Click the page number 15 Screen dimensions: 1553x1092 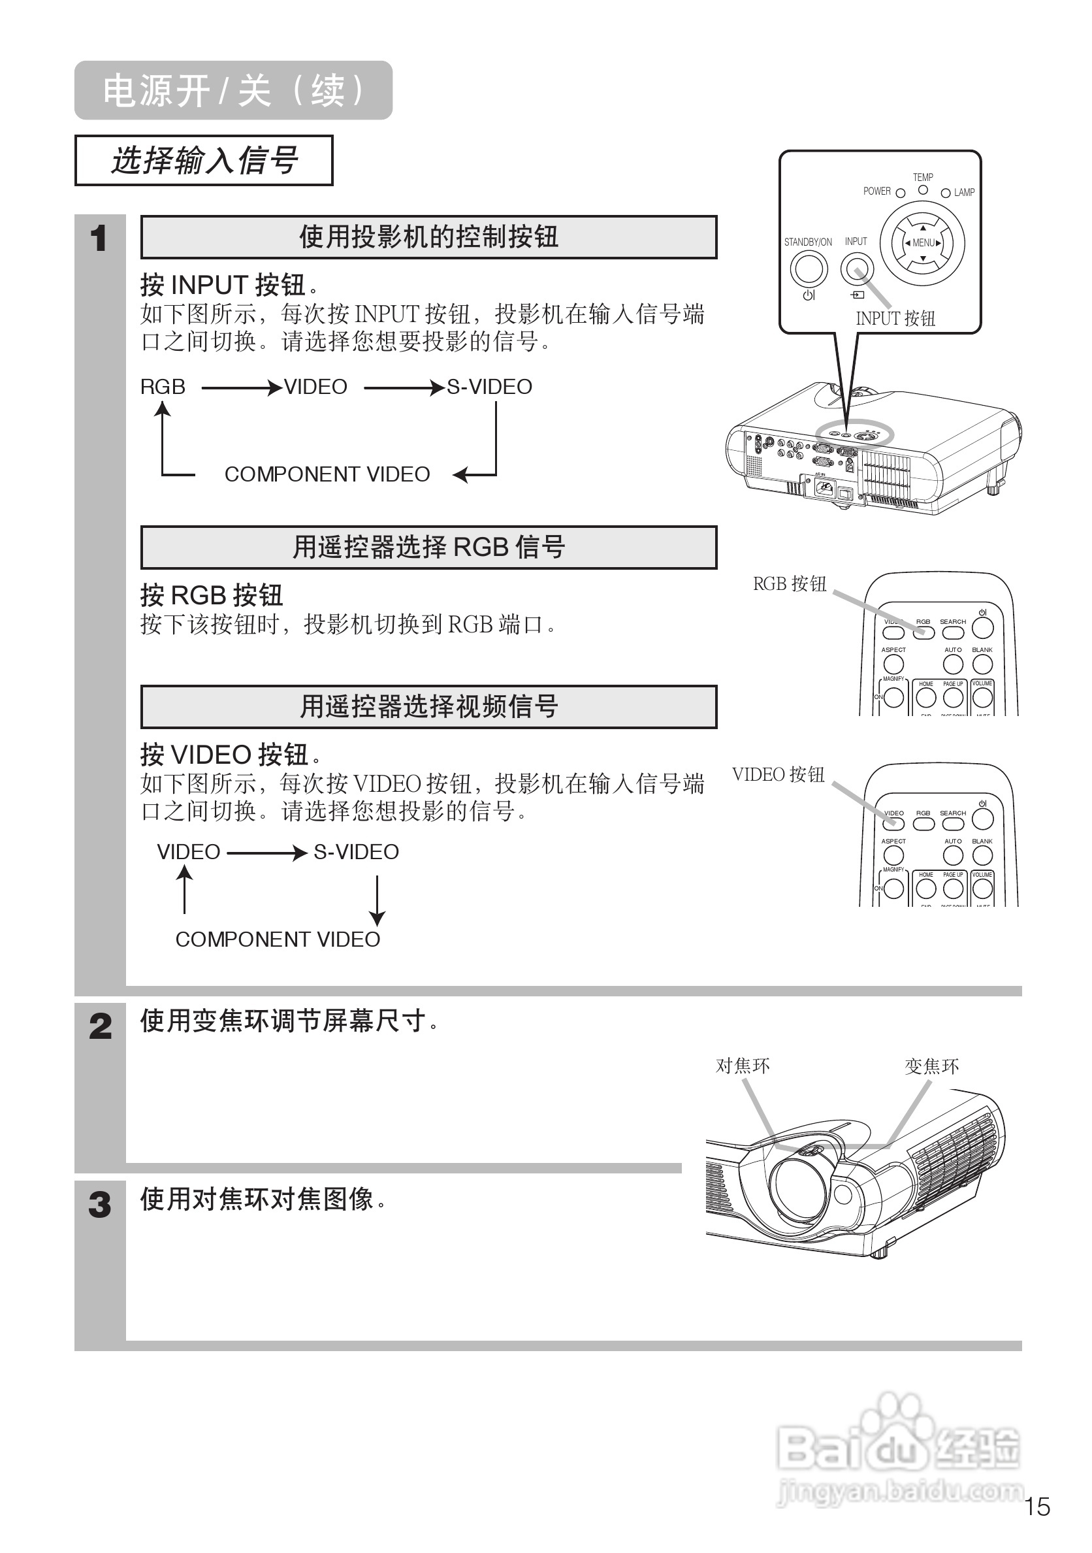coord(1036,1507)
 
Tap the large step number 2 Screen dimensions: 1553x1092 coord(100,1026)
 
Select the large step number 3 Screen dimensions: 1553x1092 coord(100,1204)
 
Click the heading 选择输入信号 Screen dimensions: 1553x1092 coord(204,160)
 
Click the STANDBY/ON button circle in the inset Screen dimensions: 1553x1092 coord(809,269)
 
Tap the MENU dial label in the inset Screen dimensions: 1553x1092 coord(923,242)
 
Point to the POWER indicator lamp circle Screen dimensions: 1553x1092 coord(900,193)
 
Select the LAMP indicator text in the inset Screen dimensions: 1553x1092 coord(964,193)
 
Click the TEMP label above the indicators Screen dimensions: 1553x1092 coord(923,177)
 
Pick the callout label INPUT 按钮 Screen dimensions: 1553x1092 coord(895,318)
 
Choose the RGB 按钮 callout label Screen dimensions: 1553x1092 coord(790,583)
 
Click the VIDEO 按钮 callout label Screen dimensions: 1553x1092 coord(779,774)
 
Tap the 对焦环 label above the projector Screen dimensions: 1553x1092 coord(743,1066)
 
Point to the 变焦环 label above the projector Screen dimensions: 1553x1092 coord(932,1067)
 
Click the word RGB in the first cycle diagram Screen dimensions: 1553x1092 coord(162,387)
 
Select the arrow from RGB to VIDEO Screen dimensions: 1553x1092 coord(242,387)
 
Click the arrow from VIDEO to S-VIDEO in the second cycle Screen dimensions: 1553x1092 coord(267,852)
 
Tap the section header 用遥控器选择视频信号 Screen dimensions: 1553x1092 coord(428,707)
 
